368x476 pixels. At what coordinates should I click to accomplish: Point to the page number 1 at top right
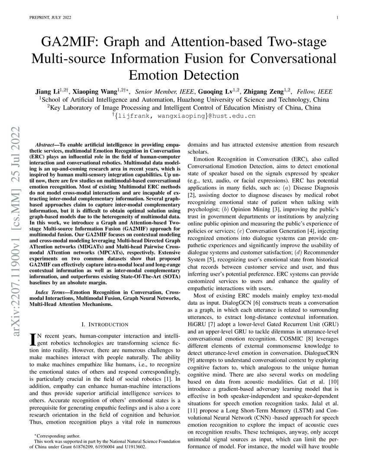coord(337,17)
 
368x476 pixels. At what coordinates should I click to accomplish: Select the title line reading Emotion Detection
coord(184,75)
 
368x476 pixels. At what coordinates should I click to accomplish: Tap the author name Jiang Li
coord(47,92)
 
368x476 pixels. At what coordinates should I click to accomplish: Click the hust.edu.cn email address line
coord(184,116)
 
